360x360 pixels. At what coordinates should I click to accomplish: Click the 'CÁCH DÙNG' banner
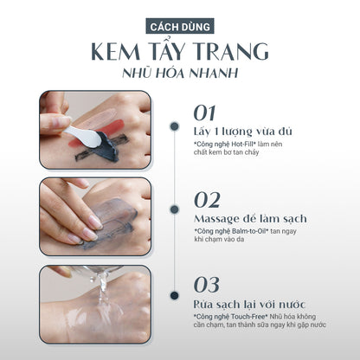point(180,26)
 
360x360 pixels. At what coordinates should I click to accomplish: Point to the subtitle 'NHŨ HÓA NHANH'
point(180,73)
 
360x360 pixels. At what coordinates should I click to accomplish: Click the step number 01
point(204,112)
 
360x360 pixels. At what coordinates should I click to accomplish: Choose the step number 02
point(207,200)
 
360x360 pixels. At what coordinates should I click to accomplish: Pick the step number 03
point(207,285)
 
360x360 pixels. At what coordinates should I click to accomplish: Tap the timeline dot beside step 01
point(174,126)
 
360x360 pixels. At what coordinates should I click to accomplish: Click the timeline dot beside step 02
point(174,209)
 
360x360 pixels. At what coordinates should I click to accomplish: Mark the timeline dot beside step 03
point(174,295)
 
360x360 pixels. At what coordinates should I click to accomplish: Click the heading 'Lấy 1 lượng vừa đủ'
point(243,132)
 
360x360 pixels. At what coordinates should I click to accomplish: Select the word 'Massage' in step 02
point(216,219)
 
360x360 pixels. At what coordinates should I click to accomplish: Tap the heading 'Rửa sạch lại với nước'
point(249,304)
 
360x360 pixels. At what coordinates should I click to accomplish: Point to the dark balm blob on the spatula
point(108,146)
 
